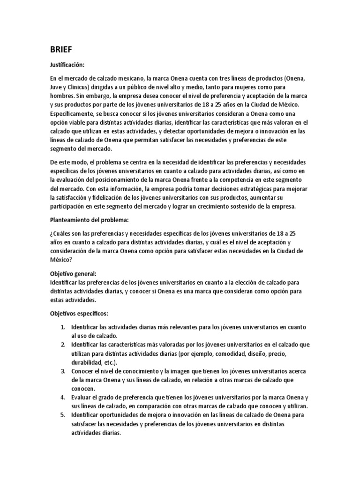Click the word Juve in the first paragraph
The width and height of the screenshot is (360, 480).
click(56, 87)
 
